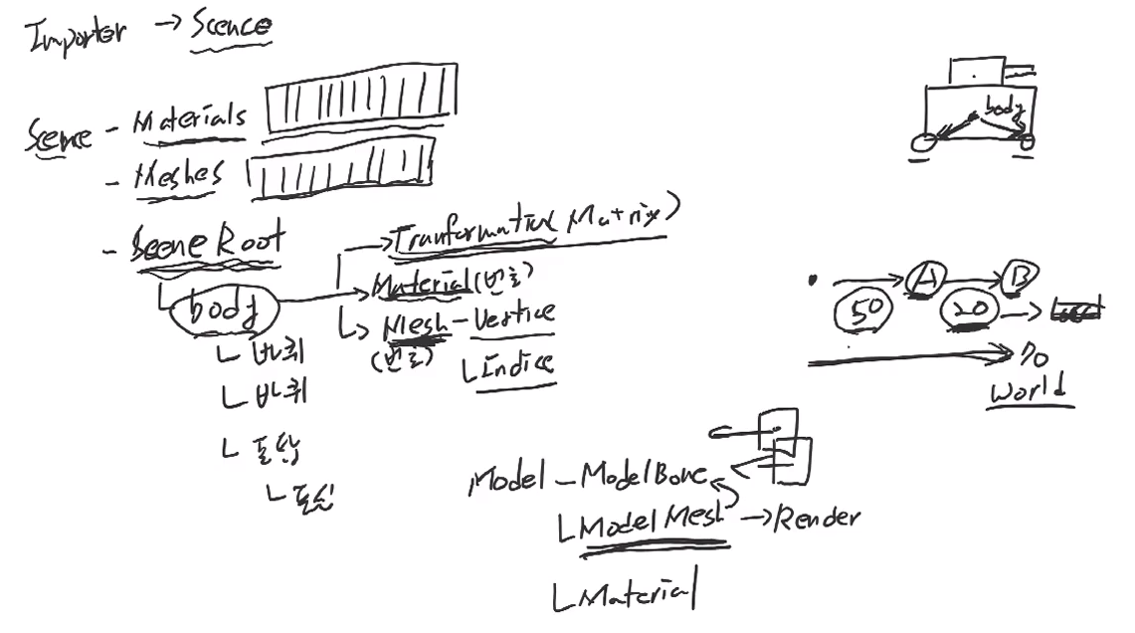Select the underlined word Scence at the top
pyautogui.click(x=231, y=25)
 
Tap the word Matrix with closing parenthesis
pyautogui.click(x=623, y=216)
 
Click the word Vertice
pyautogui.click(x=514, y=316)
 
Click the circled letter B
pyautogui.click(x=1020, y=276)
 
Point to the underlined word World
pyautogui.click(x=1031, y=389)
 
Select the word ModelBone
pyautogui.click(x=645, y=475)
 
